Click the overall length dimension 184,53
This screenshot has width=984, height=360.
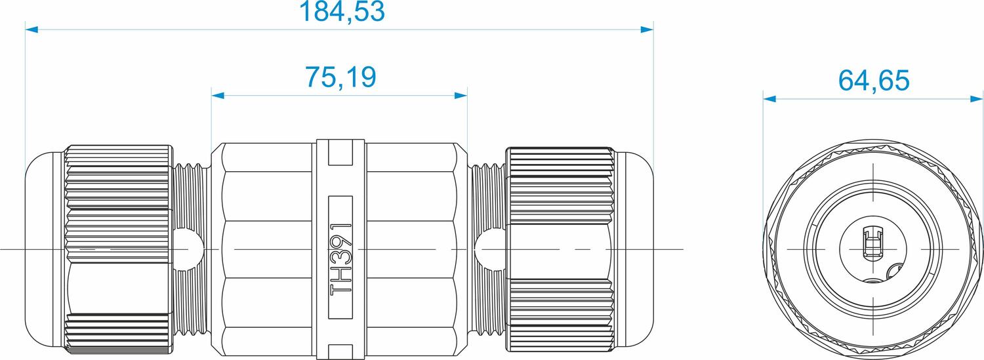[x=340, y=12]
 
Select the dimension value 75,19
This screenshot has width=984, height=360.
[x=340, y=77]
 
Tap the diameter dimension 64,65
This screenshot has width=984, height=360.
[x=874, y=81]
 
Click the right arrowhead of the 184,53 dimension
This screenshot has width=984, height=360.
[x=647, y=30]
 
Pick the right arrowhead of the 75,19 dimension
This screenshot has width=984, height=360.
[x=461, y=96]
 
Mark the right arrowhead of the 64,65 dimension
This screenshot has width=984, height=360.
[x=977, y=99]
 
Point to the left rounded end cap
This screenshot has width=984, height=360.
[x=44, y=250]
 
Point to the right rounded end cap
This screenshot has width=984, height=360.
[x=635, y=250]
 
